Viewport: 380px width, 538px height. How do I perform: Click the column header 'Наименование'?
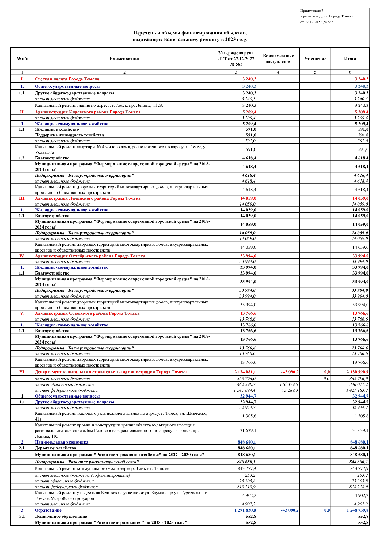pyautogui.click(x=124, y=59)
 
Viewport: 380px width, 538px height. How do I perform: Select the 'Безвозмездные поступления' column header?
pyautogui.click(x=278, y=59)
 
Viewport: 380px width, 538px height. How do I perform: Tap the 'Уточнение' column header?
pyautogui.click(x=315, y=59)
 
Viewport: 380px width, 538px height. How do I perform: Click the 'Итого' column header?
pyautogui.click(x=350, y=59)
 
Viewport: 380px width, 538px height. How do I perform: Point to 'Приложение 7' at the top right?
pyautogui.click(x=312, y=11)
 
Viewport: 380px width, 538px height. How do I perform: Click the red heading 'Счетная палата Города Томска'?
pyautogui.click(x=67, y=79)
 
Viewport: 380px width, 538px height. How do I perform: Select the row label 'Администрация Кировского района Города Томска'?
pyautogui.click(x=87, y=112)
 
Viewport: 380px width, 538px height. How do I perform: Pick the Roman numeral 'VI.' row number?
pyautogui.click(x=22, y=372)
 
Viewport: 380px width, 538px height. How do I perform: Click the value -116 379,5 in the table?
pyautogui.click(x=288, y=385)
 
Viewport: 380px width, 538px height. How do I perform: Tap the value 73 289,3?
pyautogui.click(x=290, y=390)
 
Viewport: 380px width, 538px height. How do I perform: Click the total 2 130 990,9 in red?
pyautogui.click(x=357, y=372)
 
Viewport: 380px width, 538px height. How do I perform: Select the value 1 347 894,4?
pyautogui.click(x=245, y=390)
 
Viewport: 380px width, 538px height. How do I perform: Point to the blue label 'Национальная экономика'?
pyautogui.click(x=61, y=442)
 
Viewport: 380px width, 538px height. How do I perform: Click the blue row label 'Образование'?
pyautogui.click(x=48, y=510)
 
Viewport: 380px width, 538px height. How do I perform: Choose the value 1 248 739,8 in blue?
pyautogui.click(x=357, y=510)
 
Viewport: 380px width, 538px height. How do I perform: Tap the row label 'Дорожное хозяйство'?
pyautogui.click(x=55, y=448)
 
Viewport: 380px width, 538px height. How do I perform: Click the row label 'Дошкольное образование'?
pyautogui.click(x=61, y=517)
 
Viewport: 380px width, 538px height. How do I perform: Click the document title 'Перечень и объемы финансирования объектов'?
pyautogui.click(x=190, y=33)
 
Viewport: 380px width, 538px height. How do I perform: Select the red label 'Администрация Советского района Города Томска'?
pyautogui.click(x=87, y=313)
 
